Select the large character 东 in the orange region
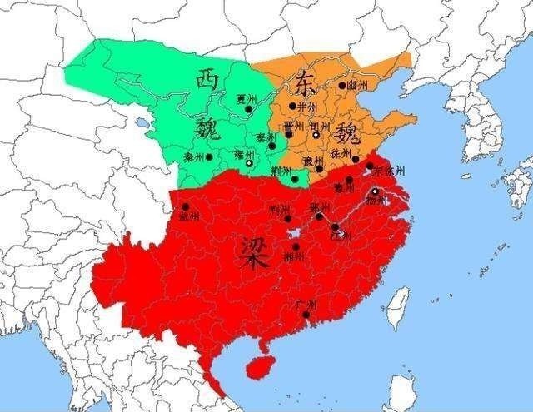coord(303,84)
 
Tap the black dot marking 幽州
coord(341,85)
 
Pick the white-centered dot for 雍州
coord(250,163)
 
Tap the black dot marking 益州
coord(185,206)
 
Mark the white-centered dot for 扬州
coord(375,192)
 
